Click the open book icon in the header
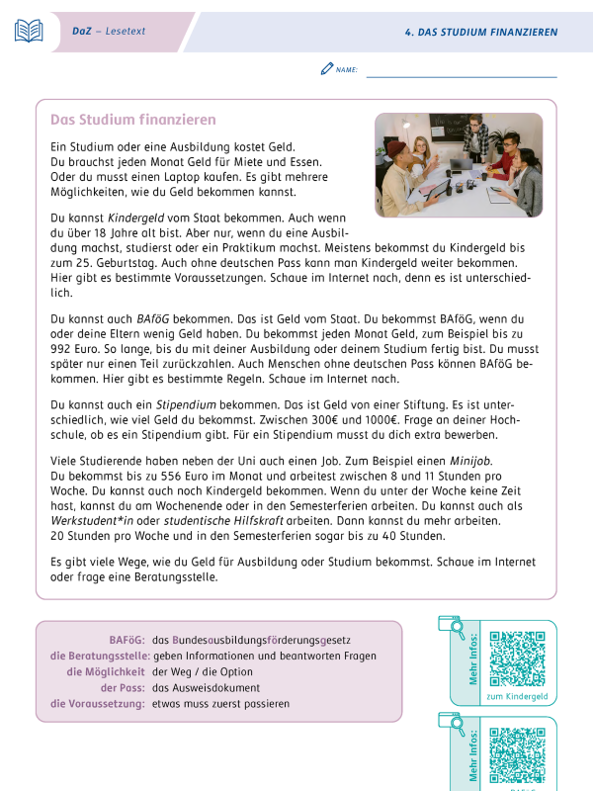point(29,31)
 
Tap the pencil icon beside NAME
point(327,69)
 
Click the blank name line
point(461,75)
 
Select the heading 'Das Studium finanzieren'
point(132,120)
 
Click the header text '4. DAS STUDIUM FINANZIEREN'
point(481,32)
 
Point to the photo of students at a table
point(459,165)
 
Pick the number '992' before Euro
point(66,350)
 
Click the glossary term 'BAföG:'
point(124,640)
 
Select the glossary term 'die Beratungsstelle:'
point(99,656)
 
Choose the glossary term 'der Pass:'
point(123,687)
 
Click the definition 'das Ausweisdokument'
point(206,687)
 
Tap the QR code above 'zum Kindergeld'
point(517,658)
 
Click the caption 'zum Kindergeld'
point(517,696)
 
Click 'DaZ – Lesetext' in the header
point(109,32)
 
